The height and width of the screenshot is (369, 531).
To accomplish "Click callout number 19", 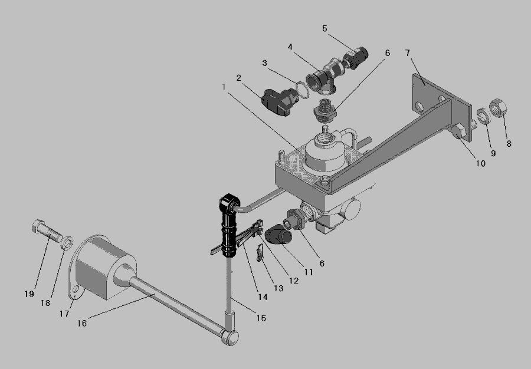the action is [29, 294].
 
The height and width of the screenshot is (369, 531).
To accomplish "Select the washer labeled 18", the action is [67, 243].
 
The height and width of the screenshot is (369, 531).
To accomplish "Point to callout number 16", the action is [82, 323].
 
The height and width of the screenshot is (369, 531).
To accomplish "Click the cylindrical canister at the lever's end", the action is [105, 267].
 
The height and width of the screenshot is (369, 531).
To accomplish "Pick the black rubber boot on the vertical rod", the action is [229, 225].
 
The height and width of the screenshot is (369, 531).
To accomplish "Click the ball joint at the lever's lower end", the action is [230, 337].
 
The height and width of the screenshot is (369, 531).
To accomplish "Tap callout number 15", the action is [261, 318].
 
